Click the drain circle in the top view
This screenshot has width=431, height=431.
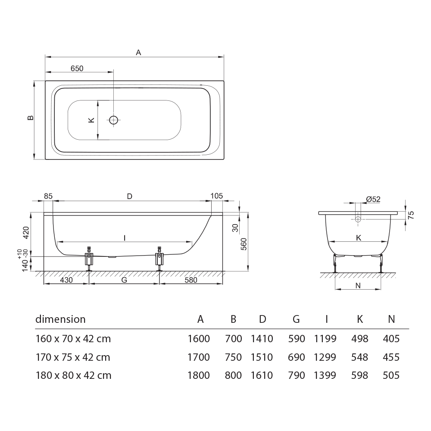(113, 120)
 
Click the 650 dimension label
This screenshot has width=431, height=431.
(77, 69)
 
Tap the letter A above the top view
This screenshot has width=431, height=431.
(138, 52)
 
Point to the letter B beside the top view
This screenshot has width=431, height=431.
(31, 118)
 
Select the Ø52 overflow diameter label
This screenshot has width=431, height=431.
(373, 199)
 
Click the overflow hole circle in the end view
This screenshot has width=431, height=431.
(358, 219)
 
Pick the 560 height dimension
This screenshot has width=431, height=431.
(244, 244)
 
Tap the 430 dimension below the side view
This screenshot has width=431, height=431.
(66, 280)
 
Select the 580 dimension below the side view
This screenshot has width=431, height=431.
(191, 280)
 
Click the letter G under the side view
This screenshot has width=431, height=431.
(124, 280)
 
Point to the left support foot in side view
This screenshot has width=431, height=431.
(89, 259)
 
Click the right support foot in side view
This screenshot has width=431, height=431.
(159, 259)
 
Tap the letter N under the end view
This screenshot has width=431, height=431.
(358, 286)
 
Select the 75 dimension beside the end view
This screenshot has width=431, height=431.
(411, 215)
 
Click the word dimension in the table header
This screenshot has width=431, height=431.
(60, 319)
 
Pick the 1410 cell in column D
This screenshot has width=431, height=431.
(262, 339)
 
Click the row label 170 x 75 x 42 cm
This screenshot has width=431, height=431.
(73, 357)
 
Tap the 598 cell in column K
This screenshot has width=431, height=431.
(359, 375)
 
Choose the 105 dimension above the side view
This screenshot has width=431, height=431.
(217, 196)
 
